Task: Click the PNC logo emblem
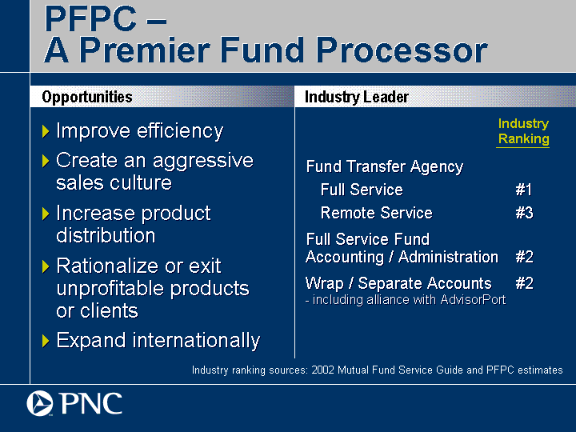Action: tap(40, 403)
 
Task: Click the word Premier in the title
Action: tap(144, 50)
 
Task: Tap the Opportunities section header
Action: tap(87, 97)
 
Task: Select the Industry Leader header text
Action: tap(356, 97)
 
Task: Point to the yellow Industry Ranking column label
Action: tap(523, 131)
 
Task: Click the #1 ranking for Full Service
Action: tap(524, 190)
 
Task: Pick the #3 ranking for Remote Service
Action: tap(524, 213)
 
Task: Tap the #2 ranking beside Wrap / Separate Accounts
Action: tap(524, 283)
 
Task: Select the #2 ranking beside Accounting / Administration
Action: tap(524, 257)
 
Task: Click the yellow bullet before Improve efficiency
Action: tap(46, 131)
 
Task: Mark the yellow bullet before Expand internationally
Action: tap(46, 341)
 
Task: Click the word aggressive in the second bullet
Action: tap(202, 162)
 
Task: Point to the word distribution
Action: tap(106, 235)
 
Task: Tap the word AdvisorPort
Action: tap(473, 300)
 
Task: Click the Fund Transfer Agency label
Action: tap(385, 166)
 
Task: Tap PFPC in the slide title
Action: tap(90, 18)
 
